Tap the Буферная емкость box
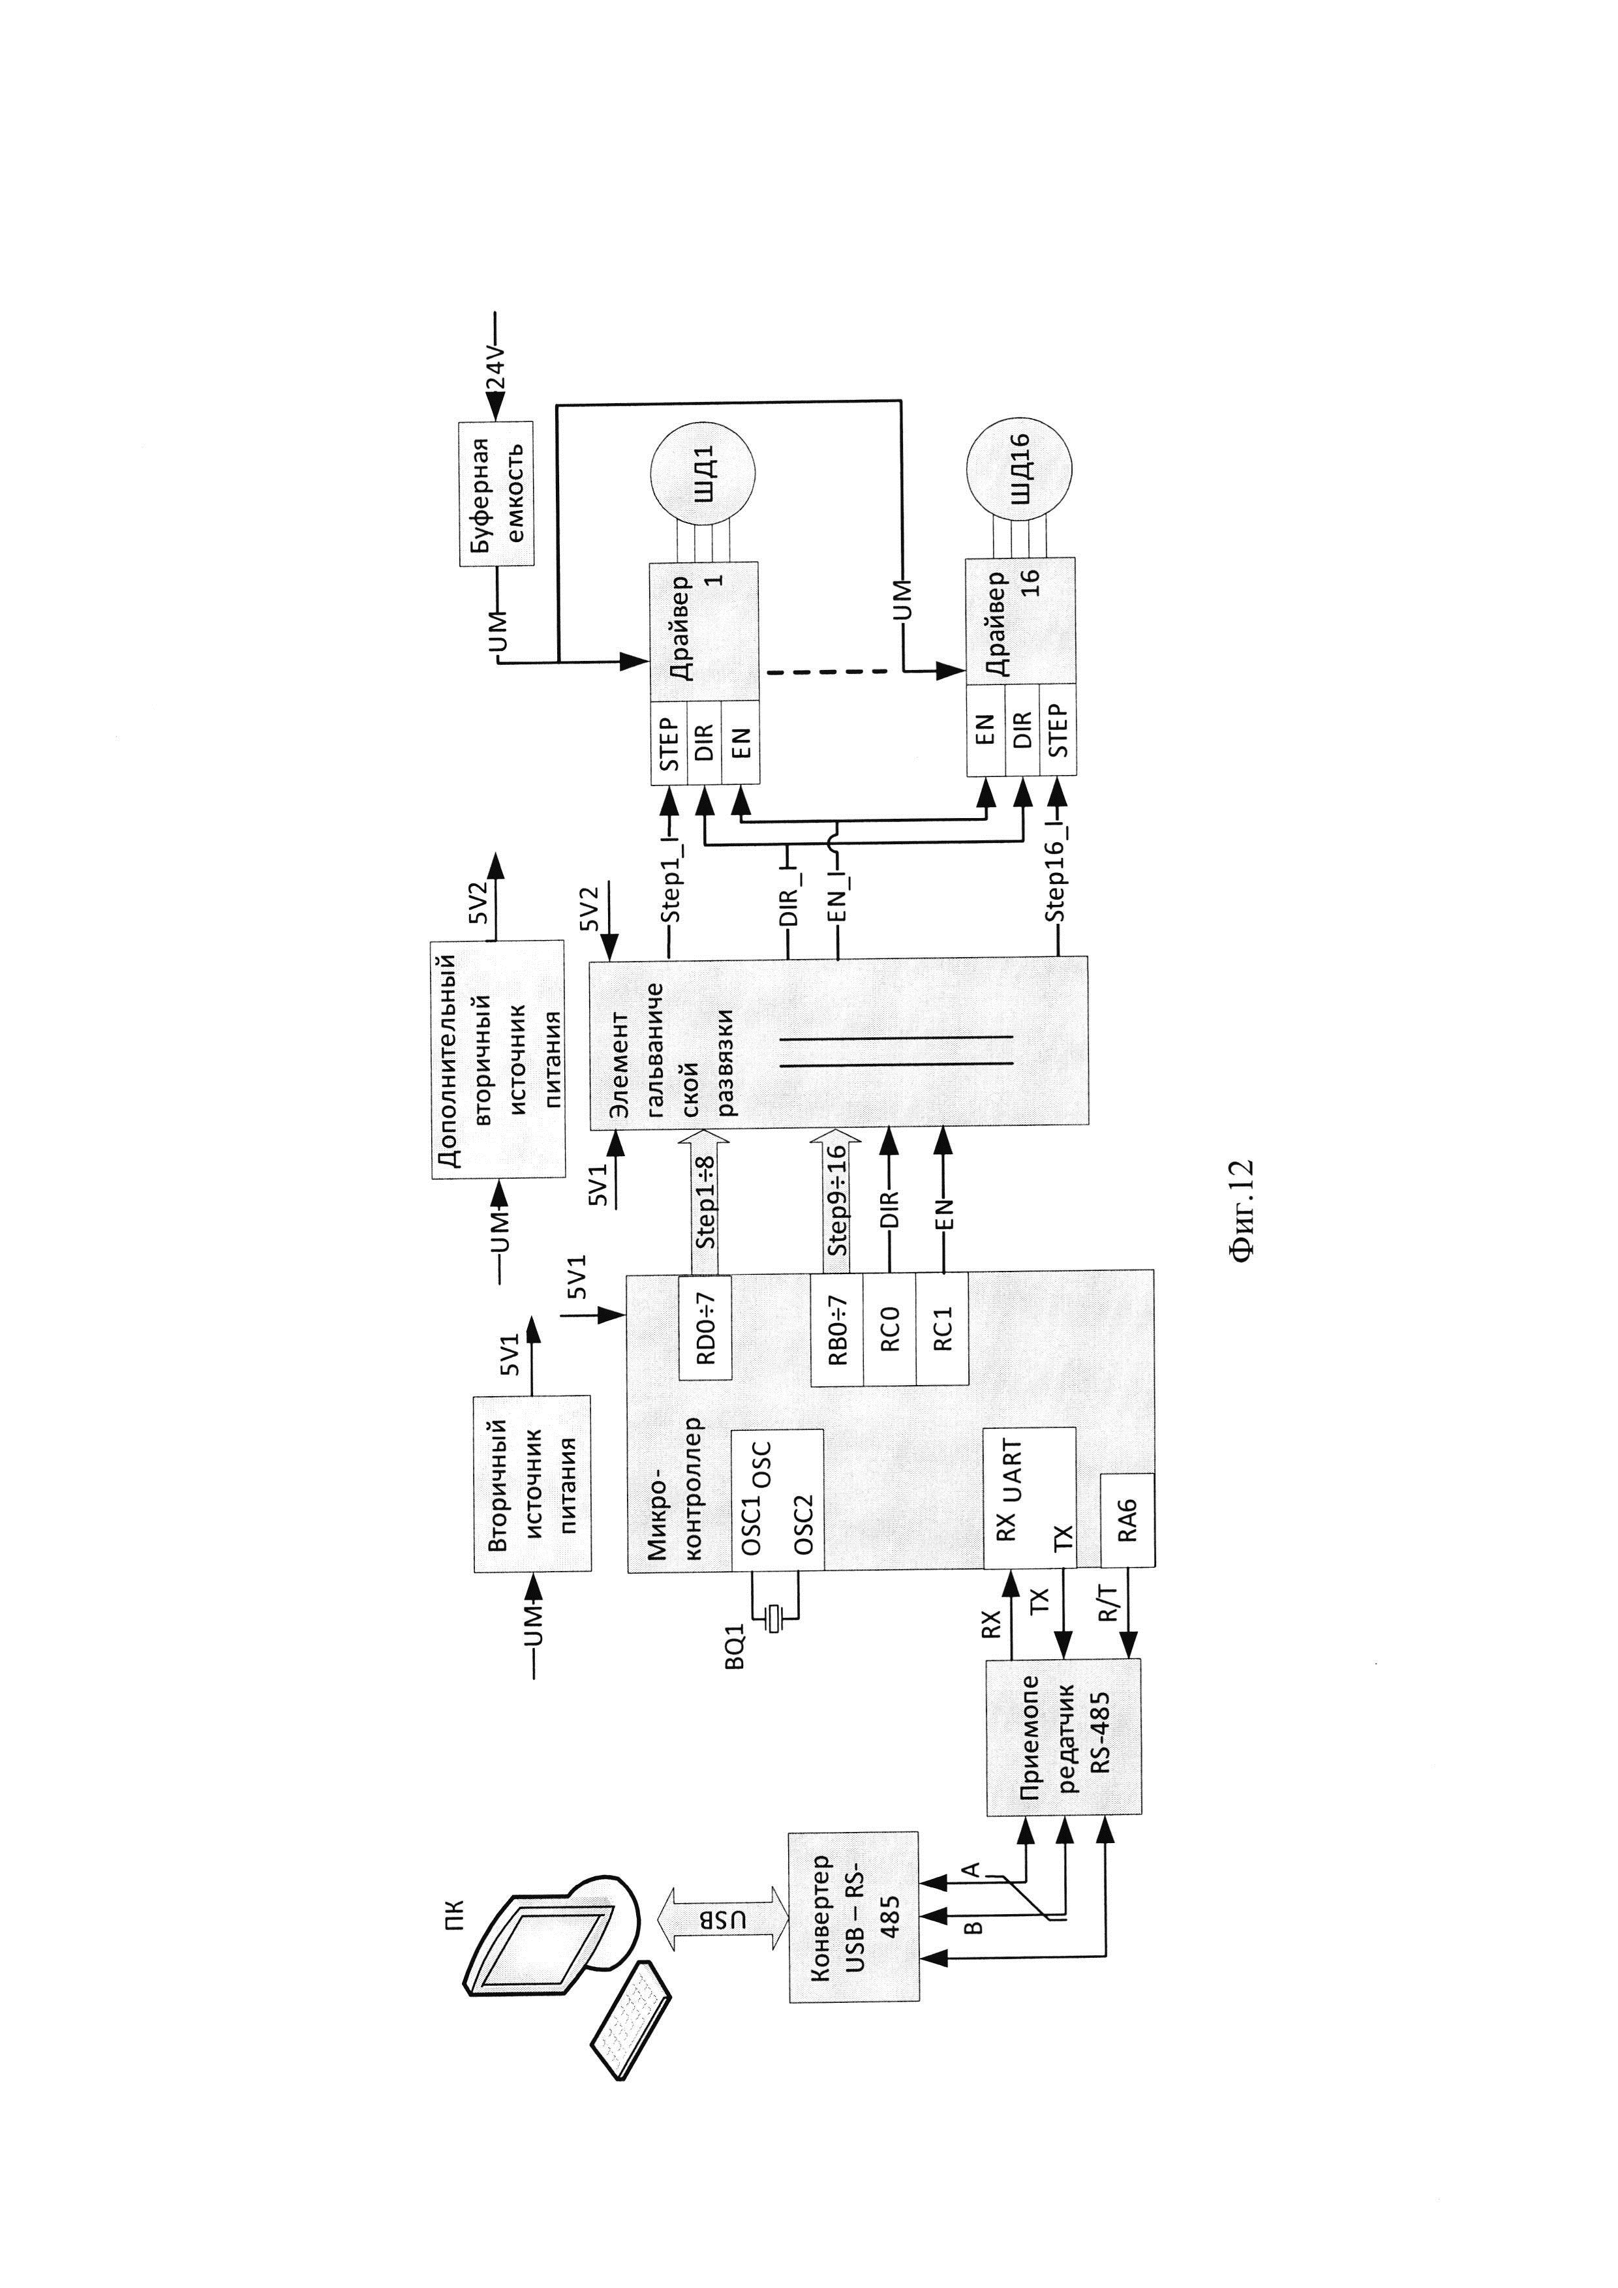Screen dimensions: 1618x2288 click(496, 495)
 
